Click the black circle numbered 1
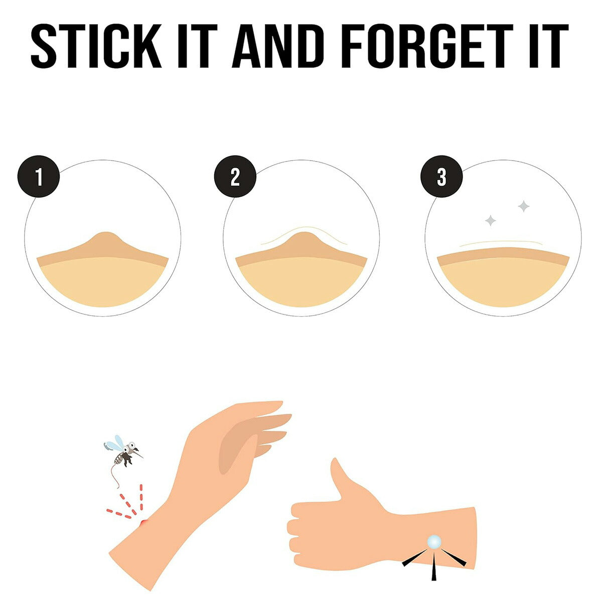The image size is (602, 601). [x=39, y=176]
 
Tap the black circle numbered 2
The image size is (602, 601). [x=235, y=176]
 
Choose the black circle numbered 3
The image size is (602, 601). [x=441, y=176]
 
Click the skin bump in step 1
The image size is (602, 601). [x=106, y=242]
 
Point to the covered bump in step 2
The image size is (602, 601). [x=303, y=242]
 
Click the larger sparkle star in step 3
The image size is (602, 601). [x=524, y=206]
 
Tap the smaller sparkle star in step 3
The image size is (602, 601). [x=491, y=221]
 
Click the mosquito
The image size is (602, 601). [x=123, y=450]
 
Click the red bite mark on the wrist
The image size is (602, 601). [x=143, y=522]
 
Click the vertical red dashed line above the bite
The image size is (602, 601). [x=141, y=497]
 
